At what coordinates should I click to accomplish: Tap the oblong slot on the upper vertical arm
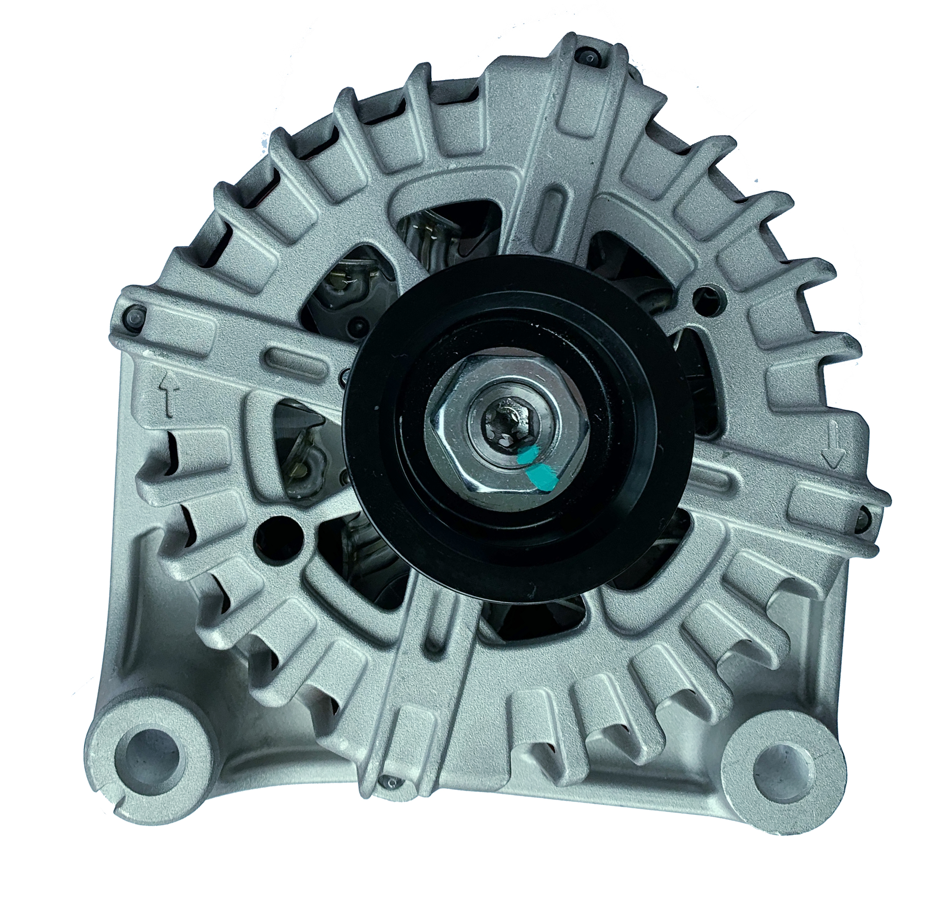coord(554,208)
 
